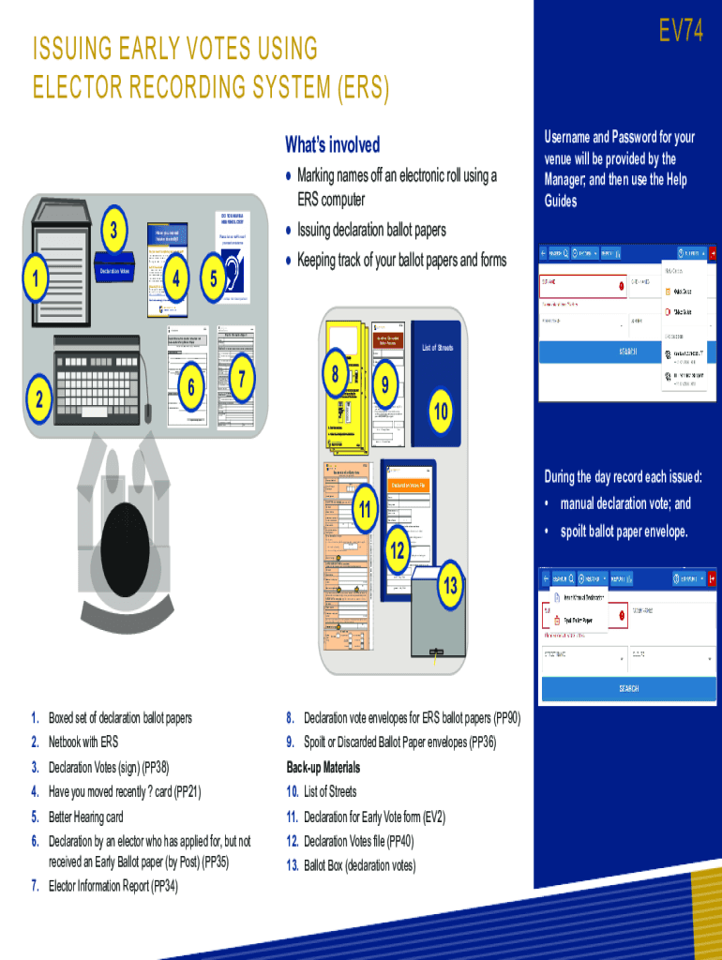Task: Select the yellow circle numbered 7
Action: (x=242, y=379)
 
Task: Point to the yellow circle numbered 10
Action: (x=441, y=412)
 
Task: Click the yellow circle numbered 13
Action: (x=450, y=587)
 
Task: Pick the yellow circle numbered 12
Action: (x=398, y=550)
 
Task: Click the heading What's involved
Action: (x=333, y=144)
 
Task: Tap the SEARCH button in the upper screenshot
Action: (x=627, y=352)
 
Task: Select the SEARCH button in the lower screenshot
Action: (x=627, y=688)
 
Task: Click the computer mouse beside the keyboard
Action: (x=147, y=411)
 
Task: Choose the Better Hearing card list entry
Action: (x=85, y=817)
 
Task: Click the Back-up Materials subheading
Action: (x=323, y=767)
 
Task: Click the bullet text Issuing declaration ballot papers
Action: (x=371, y=231)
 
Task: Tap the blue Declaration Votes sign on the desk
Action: (x=119, y=270)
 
